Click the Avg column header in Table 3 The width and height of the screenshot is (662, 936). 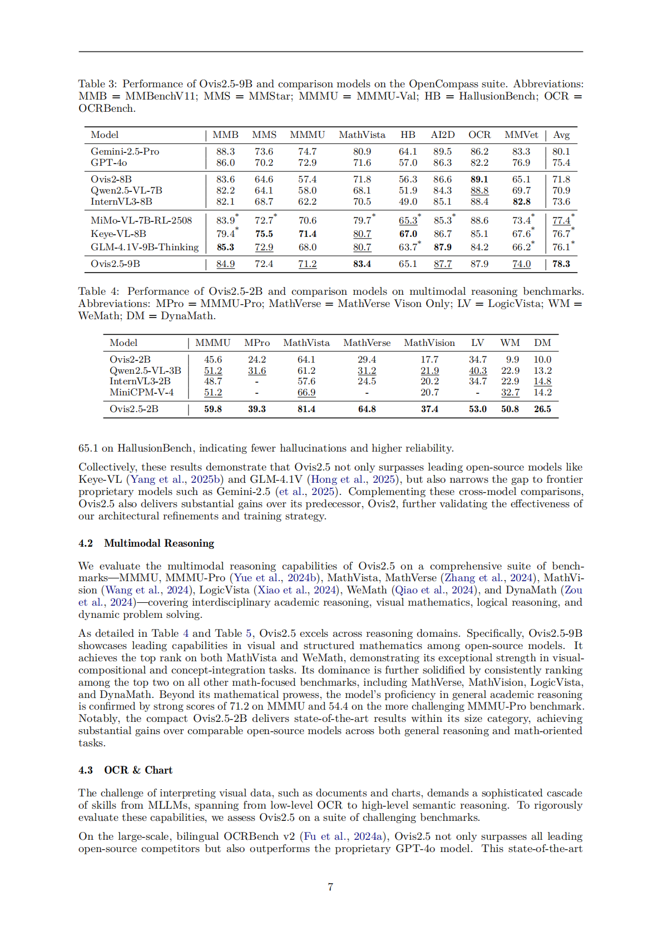(561, 135)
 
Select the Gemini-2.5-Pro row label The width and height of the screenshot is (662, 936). (125, 151)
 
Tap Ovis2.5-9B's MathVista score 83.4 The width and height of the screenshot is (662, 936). (362, 264)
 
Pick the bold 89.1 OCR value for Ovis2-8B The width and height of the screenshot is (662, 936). (479, 179)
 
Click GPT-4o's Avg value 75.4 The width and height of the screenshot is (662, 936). (561, 162)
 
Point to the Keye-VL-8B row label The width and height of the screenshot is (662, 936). (118, 234)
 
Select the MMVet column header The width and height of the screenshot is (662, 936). (521, 135)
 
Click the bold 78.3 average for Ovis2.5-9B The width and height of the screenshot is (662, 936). (561, 264)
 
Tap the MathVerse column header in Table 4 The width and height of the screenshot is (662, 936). (367, 343)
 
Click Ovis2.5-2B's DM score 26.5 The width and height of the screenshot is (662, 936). (542, 409)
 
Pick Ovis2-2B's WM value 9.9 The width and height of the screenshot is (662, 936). (512, 359)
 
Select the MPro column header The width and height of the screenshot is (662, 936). (257, 343)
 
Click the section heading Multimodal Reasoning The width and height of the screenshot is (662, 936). (159, 543)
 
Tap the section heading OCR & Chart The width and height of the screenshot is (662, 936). (138, 770)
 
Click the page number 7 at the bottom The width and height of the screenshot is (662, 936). (330, 887)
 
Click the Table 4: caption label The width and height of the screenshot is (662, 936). (99, 291)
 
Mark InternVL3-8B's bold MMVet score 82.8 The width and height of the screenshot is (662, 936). (521, 201)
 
